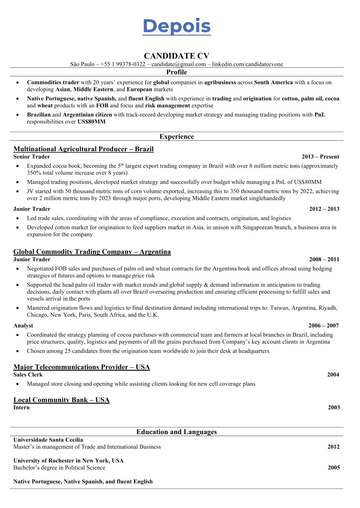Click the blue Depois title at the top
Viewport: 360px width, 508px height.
click(x=176, y=26)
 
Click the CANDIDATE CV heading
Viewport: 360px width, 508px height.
click(x=176, y=56)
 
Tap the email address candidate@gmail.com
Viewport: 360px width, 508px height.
click(x=178, y=64)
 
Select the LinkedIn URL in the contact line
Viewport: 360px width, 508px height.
click(x=247, y=64)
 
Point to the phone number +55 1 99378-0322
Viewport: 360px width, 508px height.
click(x=123, y=64)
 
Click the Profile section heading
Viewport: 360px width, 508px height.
click(x=176, y=72)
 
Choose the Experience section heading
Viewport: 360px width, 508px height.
click(x=176, y=137)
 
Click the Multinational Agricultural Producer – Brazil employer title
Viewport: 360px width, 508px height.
click(x=83, y=149)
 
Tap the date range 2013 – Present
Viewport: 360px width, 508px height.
click(x=320, y=157)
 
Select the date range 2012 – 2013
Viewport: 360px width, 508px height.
click(x=324, y=209)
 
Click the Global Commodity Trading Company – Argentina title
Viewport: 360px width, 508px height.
click(x=92, y=252)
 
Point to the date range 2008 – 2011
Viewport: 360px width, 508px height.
click(x=324, y=260)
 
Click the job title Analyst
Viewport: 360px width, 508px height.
click(x=23, y=326)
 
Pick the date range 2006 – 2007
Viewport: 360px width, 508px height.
click(x=323, y=326)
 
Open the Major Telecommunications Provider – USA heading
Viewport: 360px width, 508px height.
click(x=81, y=367)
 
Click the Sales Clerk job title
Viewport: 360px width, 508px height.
click(x=28, y=375)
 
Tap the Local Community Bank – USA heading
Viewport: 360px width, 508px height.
click(x=61, y=400)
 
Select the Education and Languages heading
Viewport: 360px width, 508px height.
click(x=176, y=432)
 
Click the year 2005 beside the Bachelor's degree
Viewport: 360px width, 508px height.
click(x=334, y=468)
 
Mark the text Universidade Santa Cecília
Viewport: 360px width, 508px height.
click(x=48, y=440)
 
